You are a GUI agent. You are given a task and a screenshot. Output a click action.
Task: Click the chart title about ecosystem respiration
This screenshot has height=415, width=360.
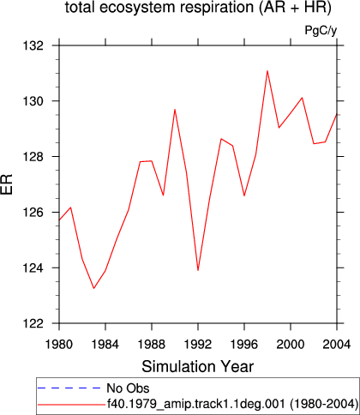[198, 8]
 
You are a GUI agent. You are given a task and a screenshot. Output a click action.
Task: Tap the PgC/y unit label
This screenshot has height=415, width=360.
[321, 30]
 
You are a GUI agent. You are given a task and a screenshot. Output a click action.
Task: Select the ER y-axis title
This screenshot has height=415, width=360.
[7, 184]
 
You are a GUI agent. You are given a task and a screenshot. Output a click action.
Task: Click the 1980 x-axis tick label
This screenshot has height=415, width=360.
[59, 345]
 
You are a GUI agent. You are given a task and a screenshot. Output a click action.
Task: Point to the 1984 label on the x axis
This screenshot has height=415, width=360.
[105, 345]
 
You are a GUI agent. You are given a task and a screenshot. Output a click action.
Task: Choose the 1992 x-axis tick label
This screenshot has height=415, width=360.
[198, 345]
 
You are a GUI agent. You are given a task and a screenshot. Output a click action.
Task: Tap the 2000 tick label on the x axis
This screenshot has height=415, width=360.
[291, 345]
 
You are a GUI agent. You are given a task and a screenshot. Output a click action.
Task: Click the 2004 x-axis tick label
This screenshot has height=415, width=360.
[337, 345]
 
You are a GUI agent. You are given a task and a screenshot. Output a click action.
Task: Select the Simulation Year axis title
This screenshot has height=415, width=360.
[198, 367]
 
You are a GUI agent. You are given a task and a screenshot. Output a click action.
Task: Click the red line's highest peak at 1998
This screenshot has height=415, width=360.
[267, 70]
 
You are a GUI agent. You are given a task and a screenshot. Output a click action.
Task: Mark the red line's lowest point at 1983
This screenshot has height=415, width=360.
[93, 288]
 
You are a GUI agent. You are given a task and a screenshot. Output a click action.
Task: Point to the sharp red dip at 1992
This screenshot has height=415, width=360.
[198, 270]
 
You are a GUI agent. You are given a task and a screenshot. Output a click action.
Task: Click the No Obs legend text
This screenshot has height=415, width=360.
[128, 388]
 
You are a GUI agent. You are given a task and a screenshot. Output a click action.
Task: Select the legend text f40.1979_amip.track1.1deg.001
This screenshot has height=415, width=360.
[195, 404]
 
